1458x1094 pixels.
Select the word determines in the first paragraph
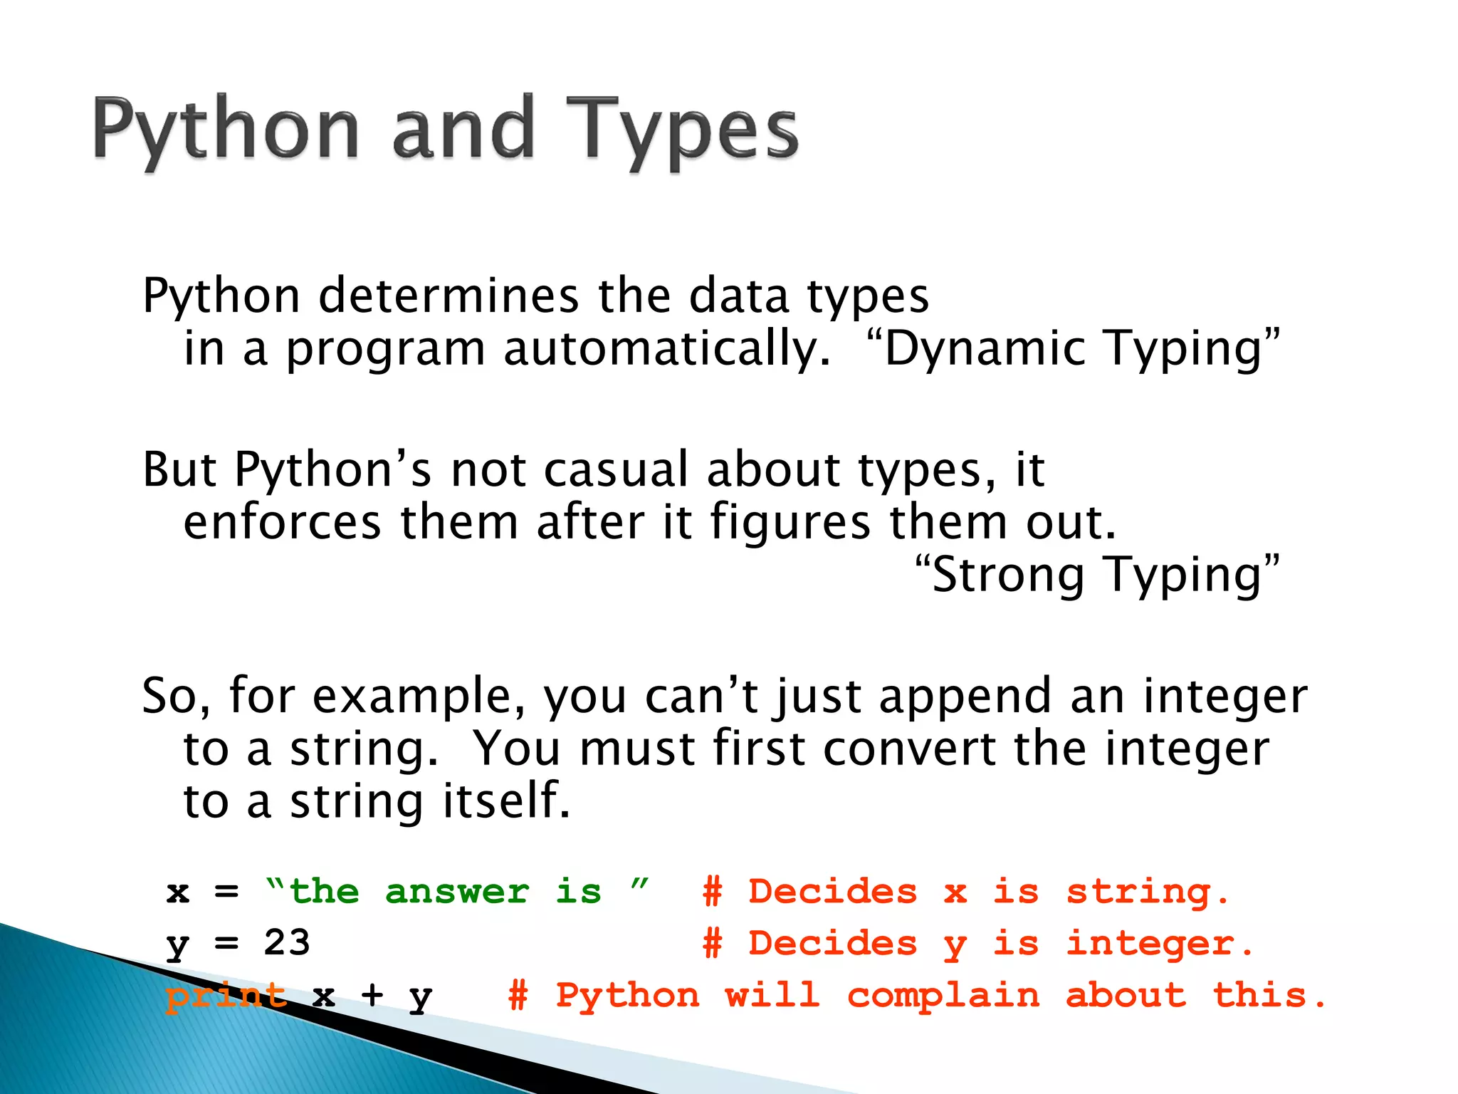(x=449, y=296)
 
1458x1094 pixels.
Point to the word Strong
(x=1008, y=575)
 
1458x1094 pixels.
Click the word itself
(x=506, y=801)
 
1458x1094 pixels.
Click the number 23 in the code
(x=287, y=943)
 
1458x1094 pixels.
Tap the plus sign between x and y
(x=372, y=995)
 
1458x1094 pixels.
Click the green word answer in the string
(x=457, y=892)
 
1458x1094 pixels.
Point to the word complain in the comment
(x=943, y=995)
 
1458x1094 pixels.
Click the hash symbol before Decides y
(x=713, y=943)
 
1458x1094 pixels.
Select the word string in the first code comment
(x=1147, y=892)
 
